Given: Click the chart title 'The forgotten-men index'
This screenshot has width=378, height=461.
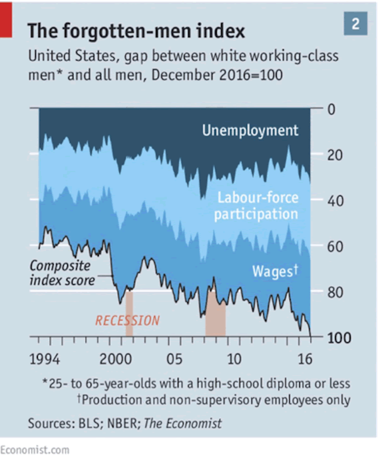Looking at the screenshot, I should (136, 31).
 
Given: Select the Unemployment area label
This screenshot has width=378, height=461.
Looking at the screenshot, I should (250, 131).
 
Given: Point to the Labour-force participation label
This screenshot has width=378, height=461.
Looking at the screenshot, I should (256, 206).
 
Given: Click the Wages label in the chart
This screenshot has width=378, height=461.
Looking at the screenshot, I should (274, 271).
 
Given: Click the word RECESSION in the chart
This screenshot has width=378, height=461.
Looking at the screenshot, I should (127, 320).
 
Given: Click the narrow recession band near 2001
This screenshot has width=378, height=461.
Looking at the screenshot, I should (129, 313).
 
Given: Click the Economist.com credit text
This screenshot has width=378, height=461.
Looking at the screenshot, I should (35, 450).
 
